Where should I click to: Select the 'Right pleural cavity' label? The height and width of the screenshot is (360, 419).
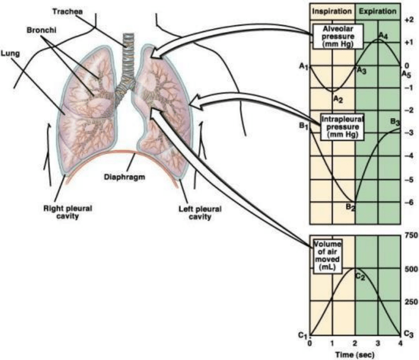click(67, 212)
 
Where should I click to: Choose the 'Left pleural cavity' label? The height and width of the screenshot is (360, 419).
click(201, 212)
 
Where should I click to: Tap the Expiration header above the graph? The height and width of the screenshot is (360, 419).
click(377, 11)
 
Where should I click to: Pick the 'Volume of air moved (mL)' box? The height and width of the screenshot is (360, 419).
click(328, 256)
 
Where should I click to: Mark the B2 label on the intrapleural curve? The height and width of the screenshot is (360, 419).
click(351, 208)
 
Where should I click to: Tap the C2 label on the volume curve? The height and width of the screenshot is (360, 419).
click(360, 276)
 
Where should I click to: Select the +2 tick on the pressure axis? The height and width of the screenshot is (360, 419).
click(408, 19)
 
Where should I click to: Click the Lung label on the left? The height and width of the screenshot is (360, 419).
click(8, 53)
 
